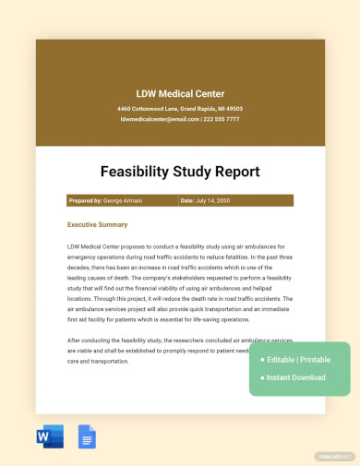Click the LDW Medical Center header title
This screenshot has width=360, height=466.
(180, 93)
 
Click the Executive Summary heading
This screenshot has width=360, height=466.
(98, 224)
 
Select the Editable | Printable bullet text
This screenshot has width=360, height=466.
(300, 359)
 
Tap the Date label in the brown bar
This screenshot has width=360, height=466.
(186, 200)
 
